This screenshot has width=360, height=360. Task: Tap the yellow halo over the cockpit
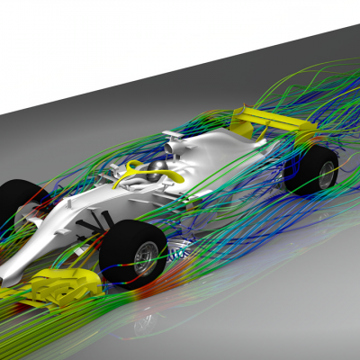(x=145, y=166)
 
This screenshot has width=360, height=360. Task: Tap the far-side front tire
(x=16, y=202)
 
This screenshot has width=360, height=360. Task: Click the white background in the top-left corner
(x=36, y=36)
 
